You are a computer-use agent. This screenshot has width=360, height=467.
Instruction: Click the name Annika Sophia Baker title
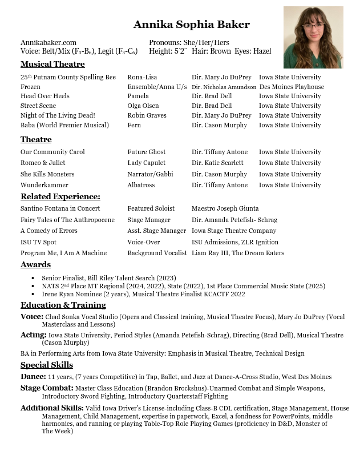[x=191, y=25]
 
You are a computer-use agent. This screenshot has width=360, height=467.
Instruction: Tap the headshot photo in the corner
[x=313, y=37]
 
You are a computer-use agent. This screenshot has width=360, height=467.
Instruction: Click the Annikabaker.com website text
[x=48, y=42]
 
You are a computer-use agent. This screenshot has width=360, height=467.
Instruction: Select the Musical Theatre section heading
[x=52, y=65]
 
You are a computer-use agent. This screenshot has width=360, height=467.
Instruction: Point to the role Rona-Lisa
[x=142, y=77]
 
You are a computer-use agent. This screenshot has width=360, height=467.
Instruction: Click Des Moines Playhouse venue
[x=292, y=87]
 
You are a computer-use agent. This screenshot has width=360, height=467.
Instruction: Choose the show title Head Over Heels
[x=45, y=96]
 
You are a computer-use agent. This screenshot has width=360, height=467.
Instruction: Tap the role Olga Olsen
[x=143, y=106]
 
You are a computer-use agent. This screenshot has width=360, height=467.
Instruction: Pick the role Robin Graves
[x=147, y=115]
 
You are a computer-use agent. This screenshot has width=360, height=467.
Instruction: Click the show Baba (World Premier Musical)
[x=64, y=125]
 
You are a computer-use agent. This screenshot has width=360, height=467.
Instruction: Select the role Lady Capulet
[x=146, y=163]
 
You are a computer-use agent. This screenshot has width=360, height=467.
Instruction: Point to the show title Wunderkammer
[x=44, y=185]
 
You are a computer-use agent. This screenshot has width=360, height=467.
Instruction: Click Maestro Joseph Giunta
[x=225, y=208]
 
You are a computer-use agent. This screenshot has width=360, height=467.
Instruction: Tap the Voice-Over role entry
[x=143, y=242]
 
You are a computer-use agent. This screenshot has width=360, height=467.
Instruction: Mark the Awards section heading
[x=35, y=265]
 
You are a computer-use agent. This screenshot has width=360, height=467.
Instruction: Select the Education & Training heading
[x=63, y=305]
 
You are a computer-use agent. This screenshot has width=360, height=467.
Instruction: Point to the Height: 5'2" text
[x=167, y=51]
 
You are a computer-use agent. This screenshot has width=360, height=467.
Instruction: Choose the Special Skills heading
[x=47, y=365]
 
